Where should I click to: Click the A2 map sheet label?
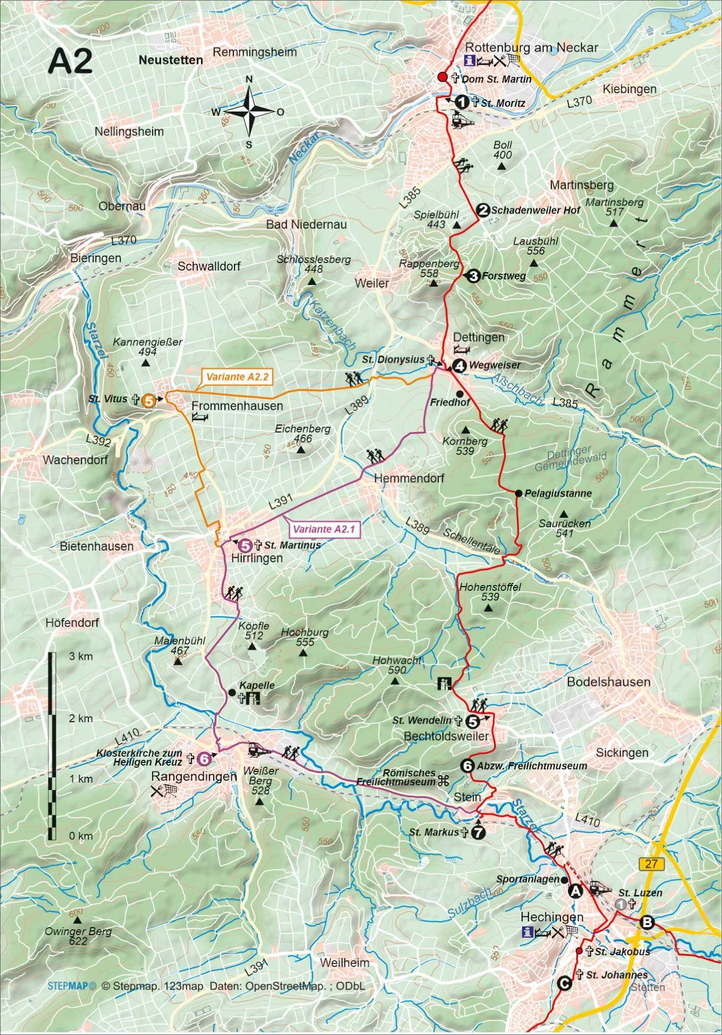tap(70, 62)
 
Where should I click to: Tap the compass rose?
tap(249, 112)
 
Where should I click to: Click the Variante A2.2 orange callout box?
tap(237, 377)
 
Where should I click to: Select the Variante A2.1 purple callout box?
tap(324, 529)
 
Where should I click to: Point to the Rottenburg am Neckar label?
tap(531, 47)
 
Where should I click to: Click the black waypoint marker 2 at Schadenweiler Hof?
tap(482, 210)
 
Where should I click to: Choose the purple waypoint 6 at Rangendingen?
tap(203, 759)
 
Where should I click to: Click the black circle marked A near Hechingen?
tap(575, 891)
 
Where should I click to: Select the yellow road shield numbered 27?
tap(652, 863)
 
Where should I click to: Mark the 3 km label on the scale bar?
tap(81, 656)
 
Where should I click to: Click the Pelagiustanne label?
tap(558, 493)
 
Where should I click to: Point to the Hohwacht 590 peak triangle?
tap(394, 681)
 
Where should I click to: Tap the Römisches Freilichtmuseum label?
tap(403, 777)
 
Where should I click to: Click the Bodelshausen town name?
tap(608, 682)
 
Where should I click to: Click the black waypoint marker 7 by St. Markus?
tap(478, 833)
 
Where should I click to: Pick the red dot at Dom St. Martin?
tap(442, 78)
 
